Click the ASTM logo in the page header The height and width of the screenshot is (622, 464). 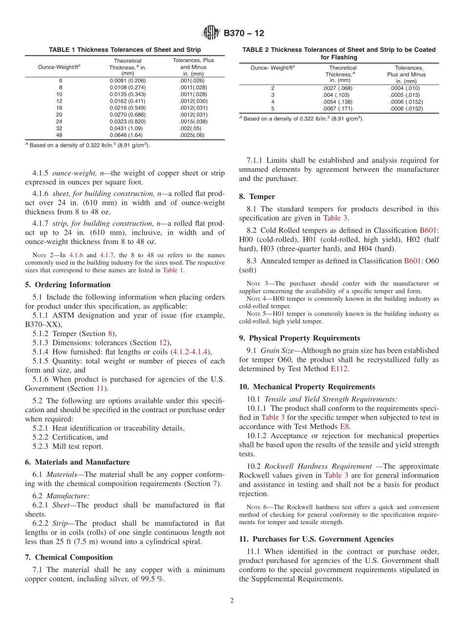(211, 33)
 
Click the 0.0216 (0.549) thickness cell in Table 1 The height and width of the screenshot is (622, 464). (127, 108)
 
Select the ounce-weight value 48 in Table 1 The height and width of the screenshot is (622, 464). (61, 135)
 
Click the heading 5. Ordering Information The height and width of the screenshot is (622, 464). (68, 285)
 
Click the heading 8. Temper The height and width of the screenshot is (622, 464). (257, 197)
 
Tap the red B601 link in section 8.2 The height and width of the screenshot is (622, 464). (429, 230)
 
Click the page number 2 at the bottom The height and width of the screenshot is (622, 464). (232, 600)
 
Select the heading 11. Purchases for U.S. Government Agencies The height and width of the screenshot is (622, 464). (316, 539)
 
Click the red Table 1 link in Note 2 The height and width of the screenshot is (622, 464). (173, 269)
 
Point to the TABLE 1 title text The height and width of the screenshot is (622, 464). (125, 50)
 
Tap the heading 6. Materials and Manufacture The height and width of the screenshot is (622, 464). (77, 462)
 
